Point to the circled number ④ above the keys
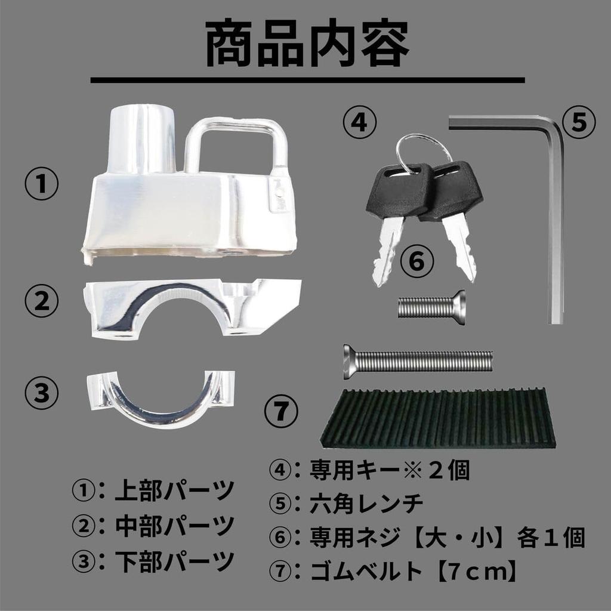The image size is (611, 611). (x=359, y=123)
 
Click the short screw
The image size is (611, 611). (x=431, y=307)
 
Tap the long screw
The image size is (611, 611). (x=418, y=360)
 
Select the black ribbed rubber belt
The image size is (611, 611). (x=439, y=418)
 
